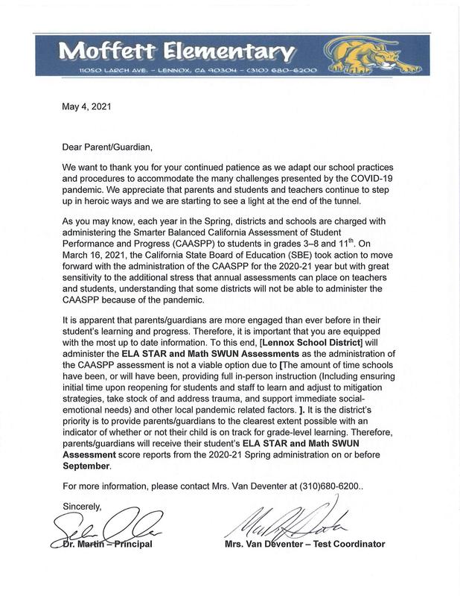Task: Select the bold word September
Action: click(86, 466)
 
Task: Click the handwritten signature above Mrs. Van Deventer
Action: click(283, 524)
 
